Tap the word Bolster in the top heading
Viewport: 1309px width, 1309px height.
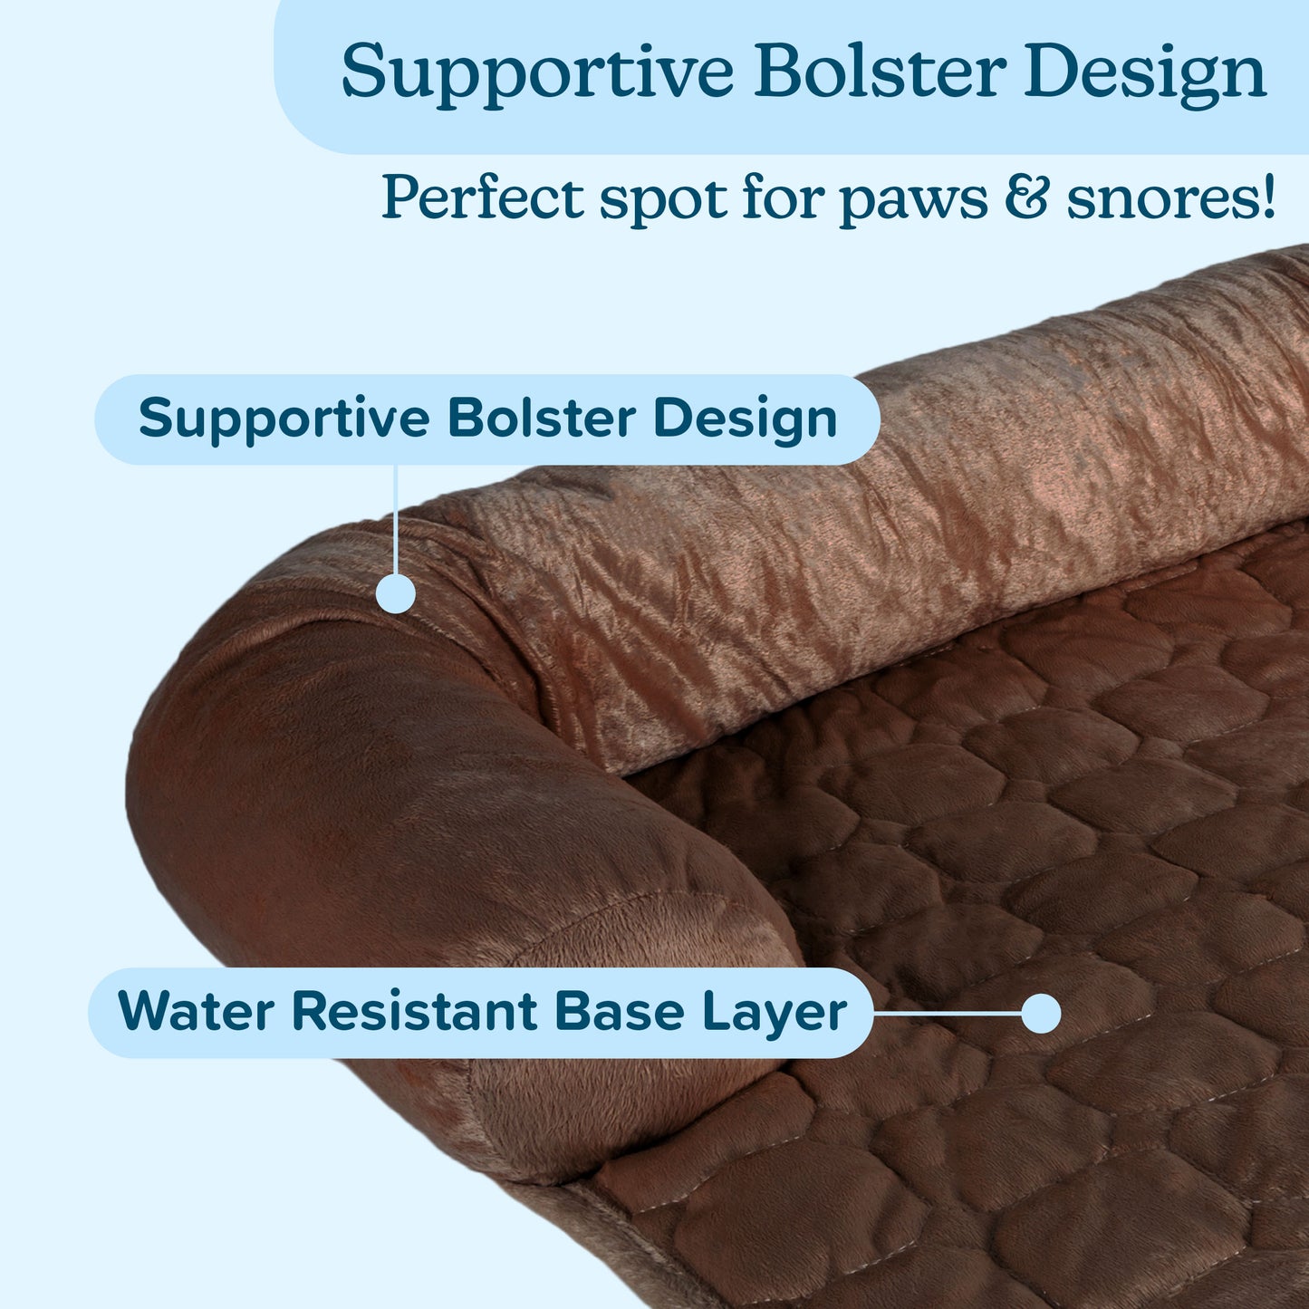880,72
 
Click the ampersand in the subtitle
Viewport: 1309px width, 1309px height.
1026,197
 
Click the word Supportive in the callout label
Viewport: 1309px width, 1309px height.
284,419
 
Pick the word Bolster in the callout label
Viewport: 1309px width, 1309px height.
541,419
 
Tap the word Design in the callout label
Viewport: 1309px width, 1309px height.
745,420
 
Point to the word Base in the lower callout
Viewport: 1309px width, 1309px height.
619,1011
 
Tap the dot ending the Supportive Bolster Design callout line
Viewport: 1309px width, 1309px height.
396,593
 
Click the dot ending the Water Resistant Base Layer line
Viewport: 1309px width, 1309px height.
1041,1013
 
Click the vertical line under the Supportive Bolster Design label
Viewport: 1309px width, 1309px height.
396,516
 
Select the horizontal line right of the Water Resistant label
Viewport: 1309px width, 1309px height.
947,1013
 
